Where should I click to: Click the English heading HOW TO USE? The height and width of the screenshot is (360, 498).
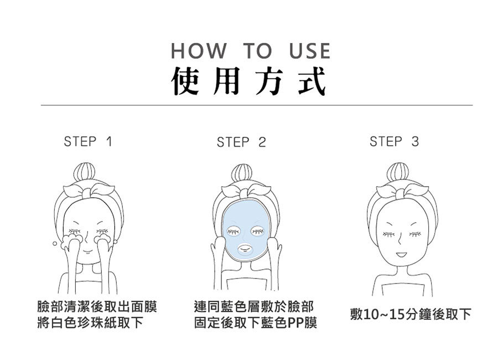(x=250, y=51)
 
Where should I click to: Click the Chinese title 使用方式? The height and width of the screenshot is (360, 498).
(x=248, y=81)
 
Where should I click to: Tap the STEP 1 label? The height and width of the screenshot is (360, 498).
(x=88, y=141)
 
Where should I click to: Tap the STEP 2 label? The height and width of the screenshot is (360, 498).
(x=241, y=142)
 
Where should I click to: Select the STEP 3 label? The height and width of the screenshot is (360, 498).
(x=394, y=141)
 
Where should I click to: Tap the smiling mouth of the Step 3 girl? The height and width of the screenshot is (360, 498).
(x=400, y=255)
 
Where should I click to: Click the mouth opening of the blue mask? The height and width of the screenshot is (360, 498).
(x=244, y=249)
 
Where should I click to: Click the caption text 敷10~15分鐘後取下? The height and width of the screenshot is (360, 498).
(x=411, y=315)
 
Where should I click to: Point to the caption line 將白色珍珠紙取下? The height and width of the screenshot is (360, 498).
(x=89, y=323)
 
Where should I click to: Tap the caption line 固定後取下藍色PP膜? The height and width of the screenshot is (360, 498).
(x=255, y=323)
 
